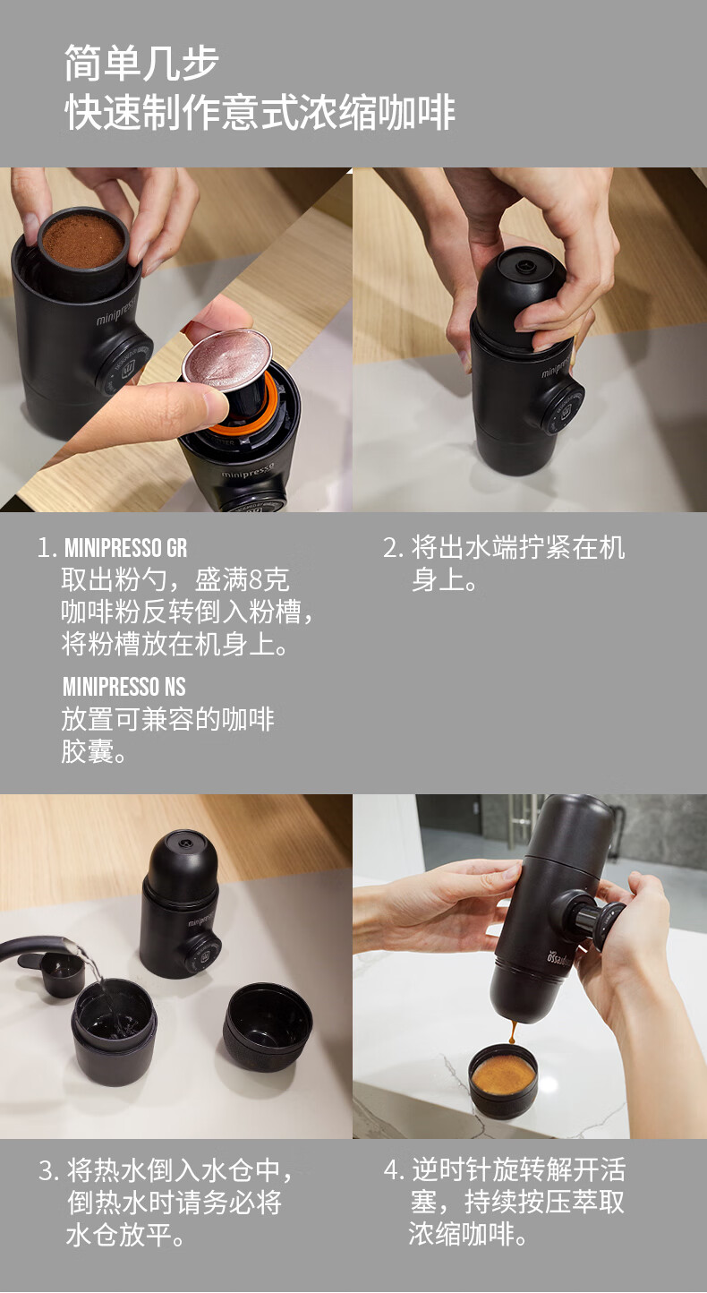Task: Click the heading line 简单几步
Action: [x=141, y=63]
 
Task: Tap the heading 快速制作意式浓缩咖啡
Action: [x=260, y=112]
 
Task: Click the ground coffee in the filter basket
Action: [x=83, y=239]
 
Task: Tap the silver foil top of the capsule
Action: [x=226, y=358]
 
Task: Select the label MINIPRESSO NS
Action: [x=124, y=687]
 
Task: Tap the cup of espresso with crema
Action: [x=503, y=1084]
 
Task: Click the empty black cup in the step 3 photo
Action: [x=268, y=1026]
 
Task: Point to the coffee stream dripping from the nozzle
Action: [x=512, y=1032]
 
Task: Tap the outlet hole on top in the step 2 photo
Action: [x=524, y=267]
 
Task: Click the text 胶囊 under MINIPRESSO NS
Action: [x=88, y=751]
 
